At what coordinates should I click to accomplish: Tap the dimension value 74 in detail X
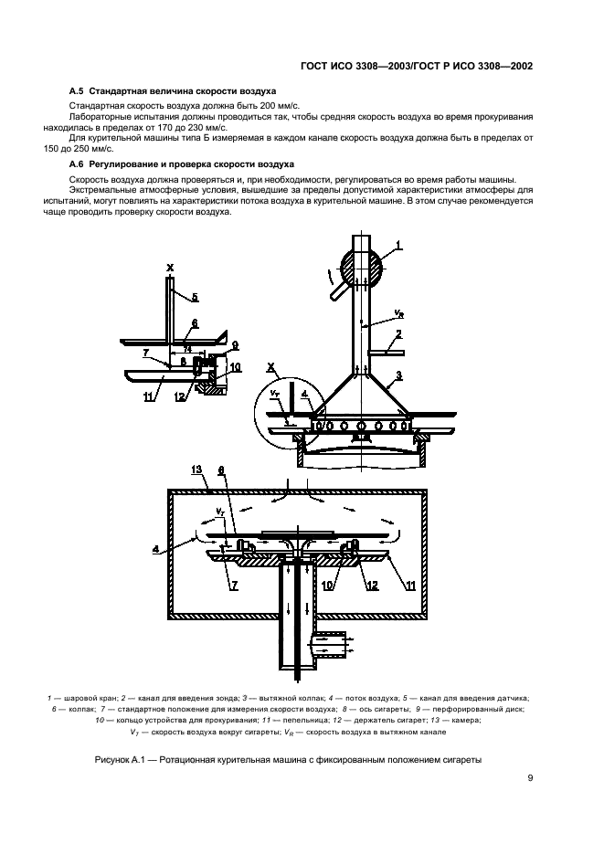pos(187,350)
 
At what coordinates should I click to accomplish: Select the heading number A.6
pos(77,162)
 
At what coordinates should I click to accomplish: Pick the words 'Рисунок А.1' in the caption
pos(122,760)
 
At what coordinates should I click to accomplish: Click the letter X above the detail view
pos(170,269)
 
